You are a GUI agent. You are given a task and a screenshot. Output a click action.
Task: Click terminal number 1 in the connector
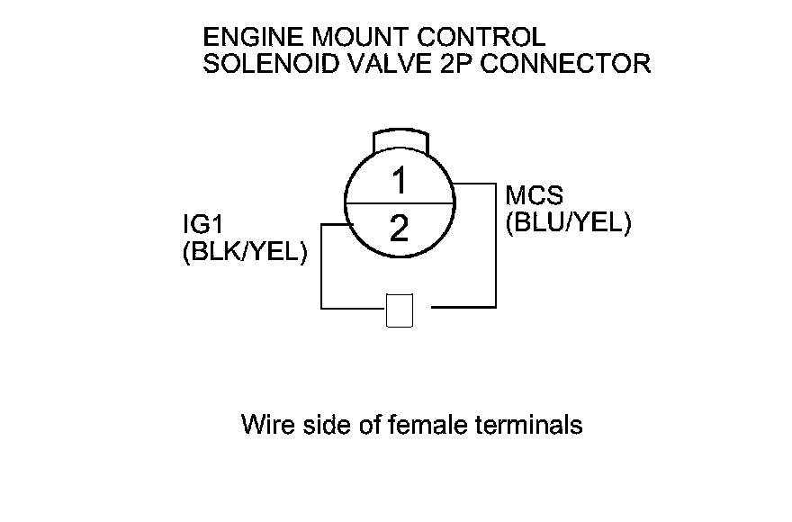click(400, 182)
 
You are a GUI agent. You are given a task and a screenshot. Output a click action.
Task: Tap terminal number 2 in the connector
click(400, 229)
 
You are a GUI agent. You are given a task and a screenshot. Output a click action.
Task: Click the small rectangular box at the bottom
click(400, 310)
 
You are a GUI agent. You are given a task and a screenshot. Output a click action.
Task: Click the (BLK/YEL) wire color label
click(245, 253)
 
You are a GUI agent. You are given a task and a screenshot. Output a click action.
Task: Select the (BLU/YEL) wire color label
click(568, 221)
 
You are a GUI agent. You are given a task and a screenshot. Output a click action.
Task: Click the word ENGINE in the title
click(254, 38)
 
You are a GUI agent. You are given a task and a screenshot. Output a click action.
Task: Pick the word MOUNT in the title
click(361, 38)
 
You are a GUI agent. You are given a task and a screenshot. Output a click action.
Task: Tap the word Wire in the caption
click(267, 424)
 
